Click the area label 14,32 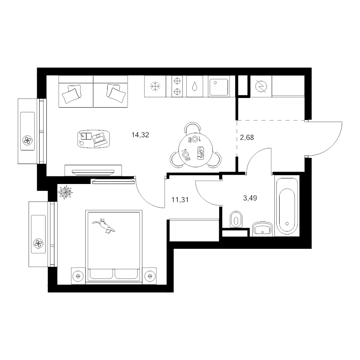pyautogui.click(x=140, y=135)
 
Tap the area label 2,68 pyautogui.click(x=247, y=138)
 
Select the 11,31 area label pyautogui.click(x=180, y=200)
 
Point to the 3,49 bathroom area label pyautogui.click(x=250, y=198)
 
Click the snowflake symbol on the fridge pyautogui.click(x=155, y=86)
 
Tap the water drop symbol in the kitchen pyautogui.click(x=195, y=86)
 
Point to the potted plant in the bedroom pyautogui.click(x=65, y=192)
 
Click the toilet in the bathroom pyautogui.click(x=236, y=220)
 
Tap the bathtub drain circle pyautogui.click(x=287, y=223)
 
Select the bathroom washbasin pyautogui.click(x=262, y=229)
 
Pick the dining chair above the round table pyautogui.click(x=193, y=128)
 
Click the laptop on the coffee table pyautogui.click(x=100, y=139)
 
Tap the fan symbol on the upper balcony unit pyautogui.click(x=28, y=140)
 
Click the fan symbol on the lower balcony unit pyautogui.click(x=38, y=243)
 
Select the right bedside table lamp pyautogui.click(x=150, y=276)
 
